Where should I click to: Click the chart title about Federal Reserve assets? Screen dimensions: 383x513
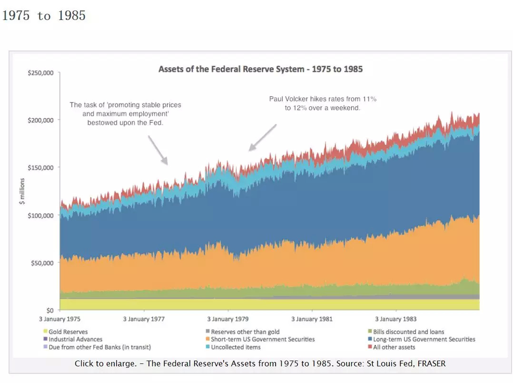coord(260,69)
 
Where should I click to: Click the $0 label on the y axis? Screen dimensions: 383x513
coord(49,310)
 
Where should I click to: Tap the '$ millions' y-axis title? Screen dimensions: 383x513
coord(21,191)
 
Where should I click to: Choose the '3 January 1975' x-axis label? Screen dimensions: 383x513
coord(60,319)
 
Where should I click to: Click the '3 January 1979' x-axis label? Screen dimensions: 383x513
coord(227,319)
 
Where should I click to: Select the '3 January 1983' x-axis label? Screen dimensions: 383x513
coord(396,319)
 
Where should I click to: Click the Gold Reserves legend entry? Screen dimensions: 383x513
coord(68,332)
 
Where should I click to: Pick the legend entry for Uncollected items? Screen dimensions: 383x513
coord(236,347)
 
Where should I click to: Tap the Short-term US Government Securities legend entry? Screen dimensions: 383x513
coord(263,339)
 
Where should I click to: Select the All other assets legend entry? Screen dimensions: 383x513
coord(394,347)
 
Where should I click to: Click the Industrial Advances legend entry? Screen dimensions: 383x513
coord(75,339)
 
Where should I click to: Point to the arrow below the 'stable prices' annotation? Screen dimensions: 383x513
coord(158,150)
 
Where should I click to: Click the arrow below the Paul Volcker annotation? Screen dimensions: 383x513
coord(262,138)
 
